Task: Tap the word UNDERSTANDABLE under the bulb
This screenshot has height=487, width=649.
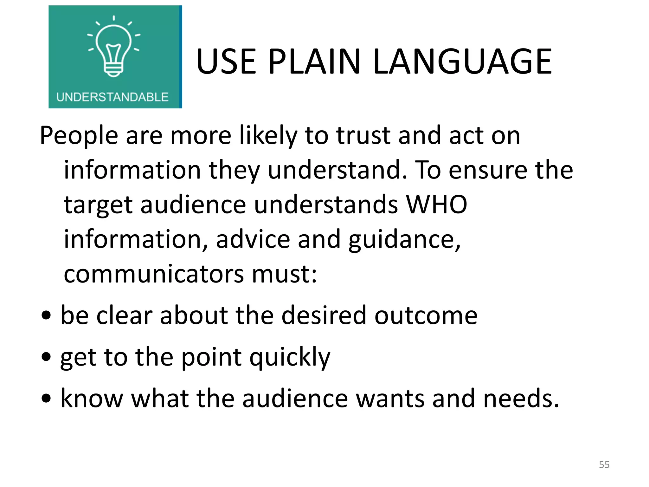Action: pyautogui.click(x=112, y=97)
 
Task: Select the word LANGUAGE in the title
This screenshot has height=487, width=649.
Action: pyautogui.click(x=462, y=62)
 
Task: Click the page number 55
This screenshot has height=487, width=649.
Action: pyautogui.click(x=604, y=464)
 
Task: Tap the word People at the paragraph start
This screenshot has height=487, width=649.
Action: pyautogui.click(x=79, y=136)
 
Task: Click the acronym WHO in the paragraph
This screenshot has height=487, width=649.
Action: pyautogui.click(x=436, y=205)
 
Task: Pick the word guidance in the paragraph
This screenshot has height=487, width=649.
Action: pyautogui.click(x=404, y=240)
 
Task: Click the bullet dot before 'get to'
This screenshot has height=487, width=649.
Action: pyautogui.click(x=46, y=357)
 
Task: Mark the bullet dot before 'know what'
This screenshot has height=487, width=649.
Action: pyautogui.click(x=46, y=398)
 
